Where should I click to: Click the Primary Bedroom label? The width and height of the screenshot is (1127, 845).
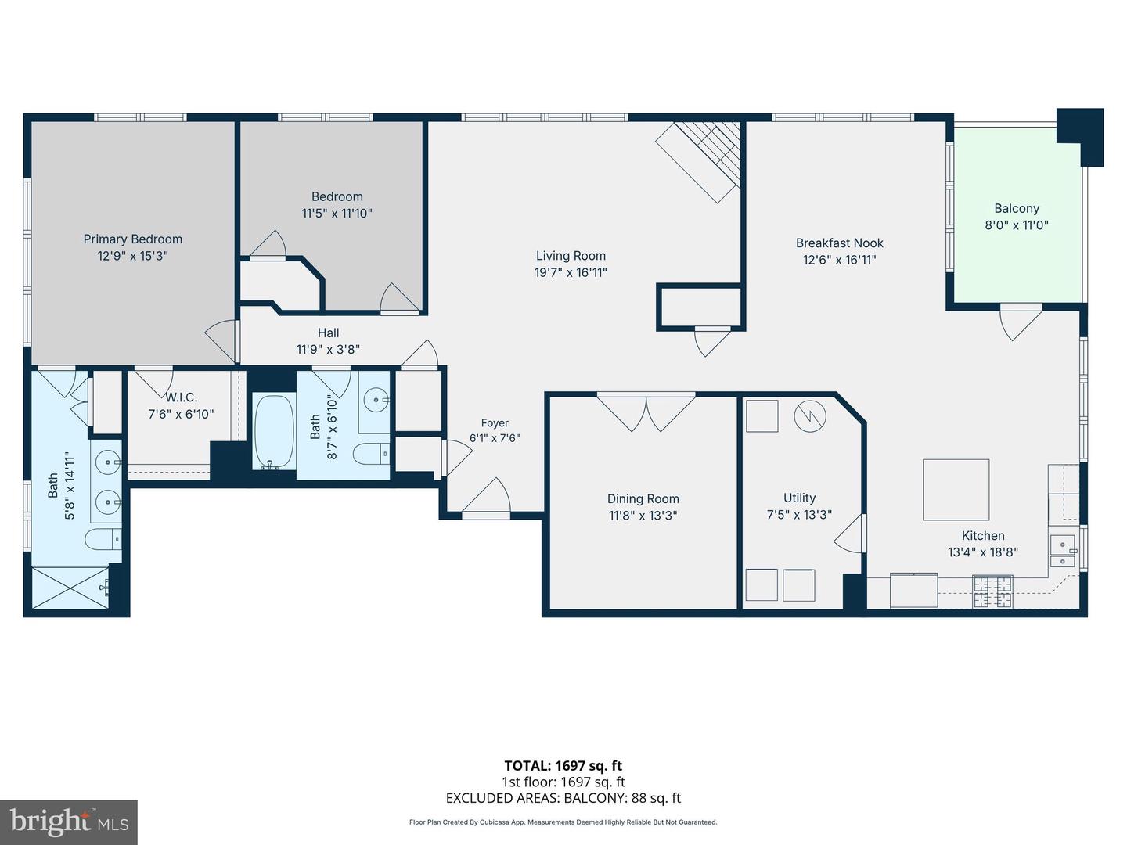tap(133, 239)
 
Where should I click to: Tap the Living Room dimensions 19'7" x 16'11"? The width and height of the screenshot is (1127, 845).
tap(571, 272)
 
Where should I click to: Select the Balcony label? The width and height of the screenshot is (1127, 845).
tap(1017, 208)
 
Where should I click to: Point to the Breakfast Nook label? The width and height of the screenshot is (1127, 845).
tap(840, 243)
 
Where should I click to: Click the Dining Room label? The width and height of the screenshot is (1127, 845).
tap(643, 498)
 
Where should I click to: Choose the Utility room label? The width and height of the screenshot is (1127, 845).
tap(799, 498)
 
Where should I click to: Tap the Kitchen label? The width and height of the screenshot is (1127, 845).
tap(983, 536)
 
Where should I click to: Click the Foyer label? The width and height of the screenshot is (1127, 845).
tap(495, 422)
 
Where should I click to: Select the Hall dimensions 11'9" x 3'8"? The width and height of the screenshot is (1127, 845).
tap(328, 350)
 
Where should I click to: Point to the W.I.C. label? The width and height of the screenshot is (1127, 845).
tap(181, 397)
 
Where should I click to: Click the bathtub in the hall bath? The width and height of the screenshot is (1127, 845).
tap(274, 432)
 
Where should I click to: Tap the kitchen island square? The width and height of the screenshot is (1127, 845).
tap(956, 490)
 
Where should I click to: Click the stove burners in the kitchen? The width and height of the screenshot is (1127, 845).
tap(992, 591)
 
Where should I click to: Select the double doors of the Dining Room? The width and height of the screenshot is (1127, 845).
tap(646, 412)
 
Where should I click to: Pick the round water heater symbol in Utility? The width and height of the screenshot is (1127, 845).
tap(810, 415)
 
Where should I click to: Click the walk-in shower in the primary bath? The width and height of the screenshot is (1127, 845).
tap(70, 588)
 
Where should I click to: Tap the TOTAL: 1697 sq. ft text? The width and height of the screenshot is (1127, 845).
tap(563, 766)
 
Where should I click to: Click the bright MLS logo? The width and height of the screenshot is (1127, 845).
tap(69, 822)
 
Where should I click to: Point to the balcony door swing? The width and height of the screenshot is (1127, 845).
tap(1021, 322)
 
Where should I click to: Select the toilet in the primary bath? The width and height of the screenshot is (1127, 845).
tap(103, 539)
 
